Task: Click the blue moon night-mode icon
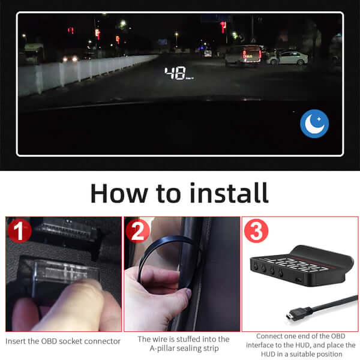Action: point(315,124)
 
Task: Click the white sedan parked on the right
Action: point(288,58)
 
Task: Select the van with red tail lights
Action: point(242,55)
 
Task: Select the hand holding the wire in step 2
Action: point(153,294)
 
